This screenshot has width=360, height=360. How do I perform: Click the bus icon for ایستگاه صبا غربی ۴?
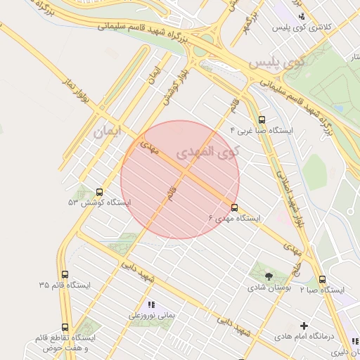(262, 120)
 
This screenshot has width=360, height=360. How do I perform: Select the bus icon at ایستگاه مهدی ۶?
(234, 207)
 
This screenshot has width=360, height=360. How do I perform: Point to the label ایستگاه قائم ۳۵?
(65, 285)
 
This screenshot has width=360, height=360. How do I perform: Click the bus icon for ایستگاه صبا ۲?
(322, 279)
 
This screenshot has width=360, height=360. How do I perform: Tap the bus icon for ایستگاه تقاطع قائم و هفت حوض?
(65, 328)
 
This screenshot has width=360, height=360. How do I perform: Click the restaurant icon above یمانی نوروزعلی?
(150, 304)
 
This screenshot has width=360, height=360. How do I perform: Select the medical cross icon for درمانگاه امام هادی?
(304, 326)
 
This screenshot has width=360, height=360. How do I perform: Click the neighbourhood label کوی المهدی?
(208, 151)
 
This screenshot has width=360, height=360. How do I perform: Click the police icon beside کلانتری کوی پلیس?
(302, 15)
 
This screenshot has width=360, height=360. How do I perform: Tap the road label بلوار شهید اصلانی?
(288, 197)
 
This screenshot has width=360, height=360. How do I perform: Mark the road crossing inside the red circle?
(184, 173)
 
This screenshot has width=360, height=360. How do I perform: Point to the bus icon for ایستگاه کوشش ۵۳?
(98, 191)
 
